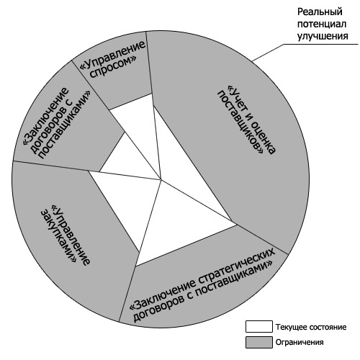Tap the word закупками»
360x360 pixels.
pyautogui.click(x=58, y=236)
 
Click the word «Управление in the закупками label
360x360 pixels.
pyautogui.click(x=71, y=235)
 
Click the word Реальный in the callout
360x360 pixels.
pyautogui.click(x=320, y=12)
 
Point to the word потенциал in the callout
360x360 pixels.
pyautogui.click(x=322, y=24)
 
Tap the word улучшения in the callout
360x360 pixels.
pyautogui.click(x=323, y=37)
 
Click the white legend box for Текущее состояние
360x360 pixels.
pyautogui.click(x=259, y=326)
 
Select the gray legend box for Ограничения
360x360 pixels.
pyautogui.click(x=259, y=342)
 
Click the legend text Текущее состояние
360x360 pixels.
pyautogui.click(x=311, y=327)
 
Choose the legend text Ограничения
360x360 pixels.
pyautogui.click(x=300, y=342)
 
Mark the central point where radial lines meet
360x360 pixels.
pyautogui.click(x=161, y=179)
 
